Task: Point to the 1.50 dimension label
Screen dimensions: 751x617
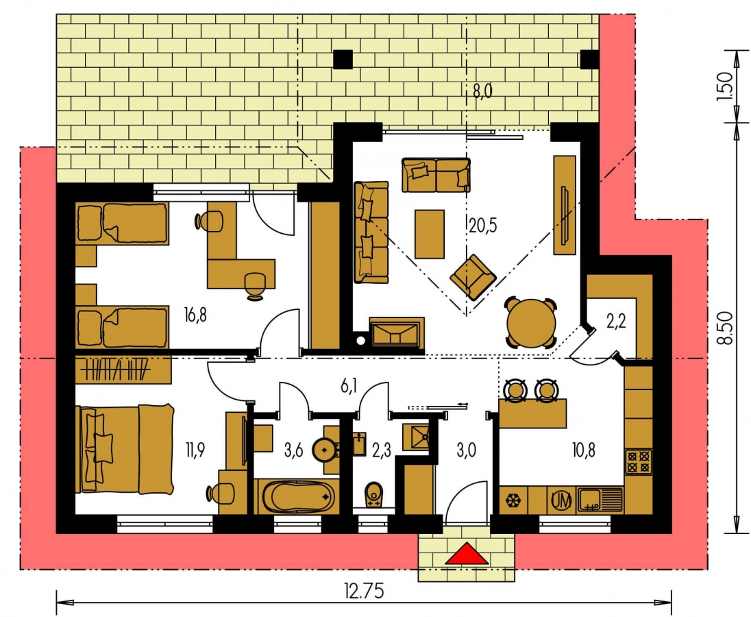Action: coord(724,86)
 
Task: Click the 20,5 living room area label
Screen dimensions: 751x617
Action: coord(483,225)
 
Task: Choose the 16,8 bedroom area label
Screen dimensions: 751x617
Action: coord(195,315)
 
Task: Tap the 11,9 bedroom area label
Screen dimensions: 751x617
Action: coord(195,450)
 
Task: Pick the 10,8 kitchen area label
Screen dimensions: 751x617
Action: coord(584,450)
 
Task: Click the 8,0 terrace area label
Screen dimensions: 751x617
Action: coord(482,90)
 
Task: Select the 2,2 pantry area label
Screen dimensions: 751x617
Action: coord(616,322)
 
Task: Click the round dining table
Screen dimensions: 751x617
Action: coord(532,324)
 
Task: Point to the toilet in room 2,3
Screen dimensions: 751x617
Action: coord(374,496)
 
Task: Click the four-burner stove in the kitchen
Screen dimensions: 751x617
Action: coord(639,462)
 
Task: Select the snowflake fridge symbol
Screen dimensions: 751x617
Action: coord(513,501)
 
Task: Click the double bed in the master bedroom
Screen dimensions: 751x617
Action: coord(125,449)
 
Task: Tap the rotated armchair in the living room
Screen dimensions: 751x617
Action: coord(473,277)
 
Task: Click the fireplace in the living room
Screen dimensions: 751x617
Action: coord(397,332)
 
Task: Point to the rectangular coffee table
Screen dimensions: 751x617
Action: coord(430,234)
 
